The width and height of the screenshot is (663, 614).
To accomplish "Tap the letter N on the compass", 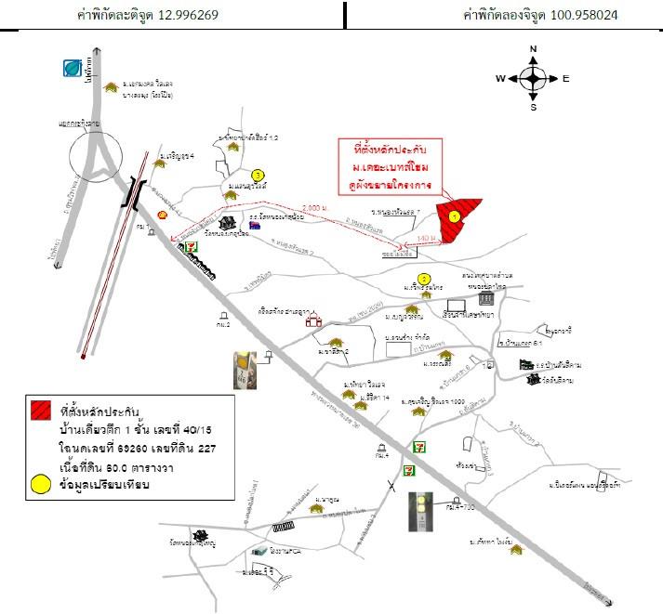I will click(533, 48).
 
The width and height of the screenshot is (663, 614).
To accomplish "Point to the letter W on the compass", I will click(500, 79).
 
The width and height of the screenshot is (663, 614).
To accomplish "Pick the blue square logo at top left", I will click(73, 68).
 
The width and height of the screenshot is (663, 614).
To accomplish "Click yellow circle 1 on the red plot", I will click(454, 216).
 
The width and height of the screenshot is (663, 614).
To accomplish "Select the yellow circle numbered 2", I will click(424, 278).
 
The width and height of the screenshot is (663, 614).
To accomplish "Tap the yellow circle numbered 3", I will click(258, 174).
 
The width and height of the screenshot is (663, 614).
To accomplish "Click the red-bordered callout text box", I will click(388, 164).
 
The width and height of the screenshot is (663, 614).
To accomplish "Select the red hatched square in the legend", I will click(40, 409).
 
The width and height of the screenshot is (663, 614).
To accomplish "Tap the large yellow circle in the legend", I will click(40, 483).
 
